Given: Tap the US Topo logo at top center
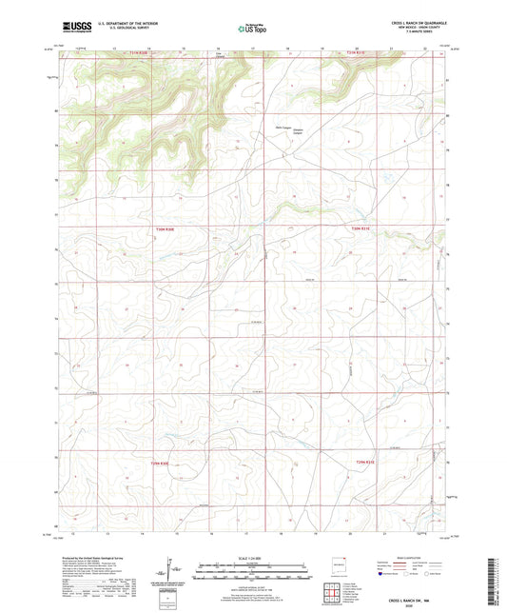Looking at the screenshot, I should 253,29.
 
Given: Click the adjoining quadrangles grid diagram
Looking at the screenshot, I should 332,594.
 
